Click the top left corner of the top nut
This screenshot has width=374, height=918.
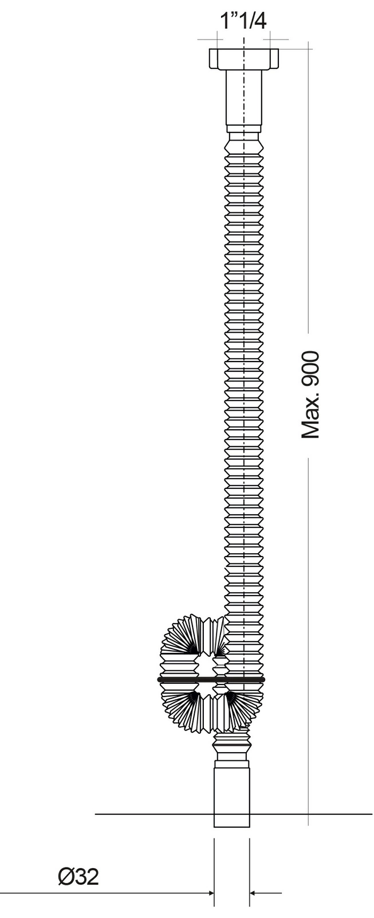coord(209,49)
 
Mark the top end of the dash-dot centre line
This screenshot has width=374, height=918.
coord(244,38)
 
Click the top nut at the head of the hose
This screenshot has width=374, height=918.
coord(244,59)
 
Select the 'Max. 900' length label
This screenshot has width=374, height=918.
coord(310,394)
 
